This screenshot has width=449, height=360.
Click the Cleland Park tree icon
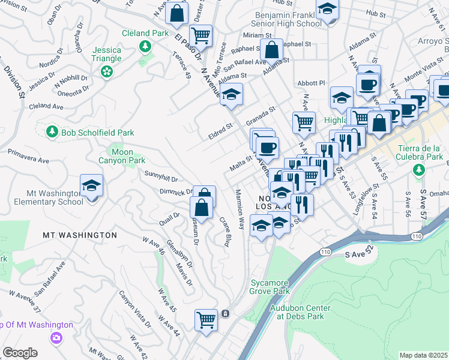pyautogui.click(x=144, y=46)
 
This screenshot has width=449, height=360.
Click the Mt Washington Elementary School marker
pyautogui.click(x=91, y=185)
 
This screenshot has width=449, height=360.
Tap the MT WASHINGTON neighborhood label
pyautogui.click(x=80, y=235)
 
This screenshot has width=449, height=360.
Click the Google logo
pyautogui.click(x=20, y=353)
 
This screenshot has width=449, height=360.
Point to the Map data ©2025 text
pyautogui.click(x=423, y=355)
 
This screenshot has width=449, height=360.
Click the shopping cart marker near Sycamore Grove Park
pyautogui.click(x=206, y=319)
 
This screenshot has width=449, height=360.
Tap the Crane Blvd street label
pyautogui.click(x=226, y=232)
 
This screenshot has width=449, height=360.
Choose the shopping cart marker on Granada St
pyautogui.click(x=304, y=122)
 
